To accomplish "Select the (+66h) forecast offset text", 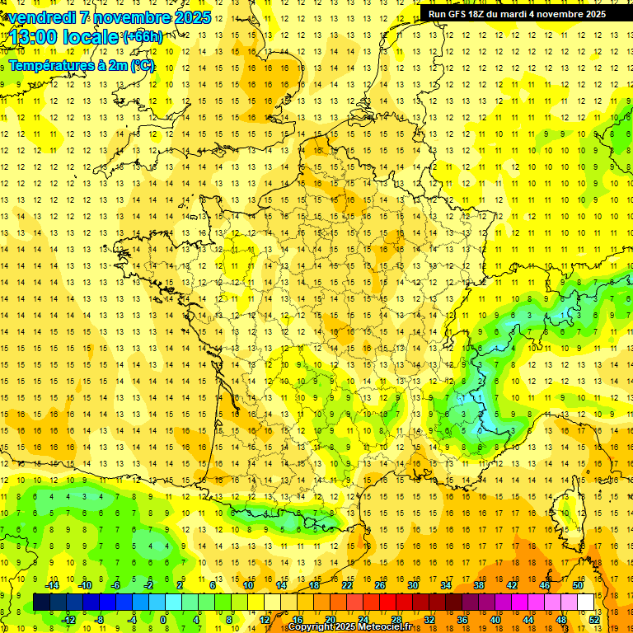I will click(143, 37).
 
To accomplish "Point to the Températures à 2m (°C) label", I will click(82, 65).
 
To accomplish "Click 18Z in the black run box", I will click(481, 14).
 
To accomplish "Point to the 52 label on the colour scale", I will click(594, 619).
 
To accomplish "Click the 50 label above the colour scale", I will click(578, 585).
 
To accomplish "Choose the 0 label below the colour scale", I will click(165, 619).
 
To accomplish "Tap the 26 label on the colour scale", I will click(380, 585).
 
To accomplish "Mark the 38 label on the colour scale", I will click(479, 585).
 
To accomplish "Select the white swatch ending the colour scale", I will click(586, 603).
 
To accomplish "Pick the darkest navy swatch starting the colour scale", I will click(41, 603).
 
